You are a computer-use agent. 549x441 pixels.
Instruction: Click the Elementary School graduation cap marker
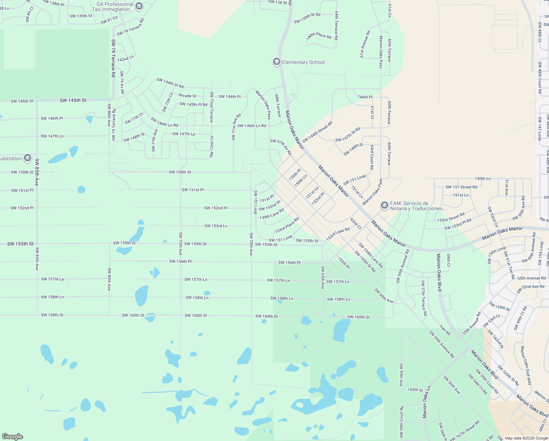click(x=276, y=62)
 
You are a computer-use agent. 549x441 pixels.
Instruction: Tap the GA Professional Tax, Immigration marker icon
click(x=139, y=6)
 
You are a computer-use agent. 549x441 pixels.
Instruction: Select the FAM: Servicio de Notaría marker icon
click(x=384, y=205)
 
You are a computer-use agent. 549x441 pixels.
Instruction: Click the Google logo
click(x=12, y=436)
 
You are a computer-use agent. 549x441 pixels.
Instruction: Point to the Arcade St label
click(x=187, y=96)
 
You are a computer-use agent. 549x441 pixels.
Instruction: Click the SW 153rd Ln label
click(x=216, y=226)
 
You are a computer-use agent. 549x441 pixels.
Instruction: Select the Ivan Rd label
click(x=445, y=330)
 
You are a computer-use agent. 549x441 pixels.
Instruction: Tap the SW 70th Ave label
click(x=251, y=244)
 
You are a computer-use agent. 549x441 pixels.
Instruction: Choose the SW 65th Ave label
click(x=323, y=277)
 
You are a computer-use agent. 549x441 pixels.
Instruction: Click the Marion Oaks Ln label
click(x=426, y=402)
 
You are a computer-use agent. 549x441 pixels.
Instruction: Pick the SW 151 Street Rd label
click(x=461, y=187)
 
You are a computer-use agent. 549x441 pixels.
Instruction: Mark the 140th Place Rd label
click(x=319, y=36)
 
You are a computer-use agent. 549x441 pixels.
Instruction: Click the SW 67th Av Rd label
click(x=281, y=147)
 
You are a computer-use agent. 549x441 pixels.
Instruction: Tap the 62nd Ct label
click(x=356, y=223)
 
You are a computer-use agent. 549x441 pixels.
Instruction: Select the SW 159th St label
click(x=499, y=306)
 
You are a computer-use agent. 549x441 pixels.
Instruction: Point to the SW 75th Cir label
click(x=168, y=102)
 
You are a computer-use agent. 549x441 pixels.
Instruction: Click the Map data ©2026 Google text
click(x=526, y=438)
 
